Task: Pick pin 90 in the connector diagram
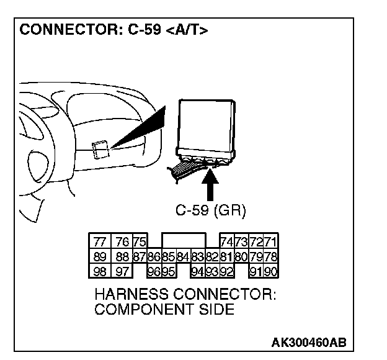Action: [270, 271]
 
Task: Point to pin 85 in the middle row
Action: [167, 257]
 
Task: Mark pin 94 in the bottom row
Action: [198, 271]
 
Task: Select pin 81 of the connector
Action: [226, 257]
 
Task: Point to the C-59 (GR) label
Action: [211, 211]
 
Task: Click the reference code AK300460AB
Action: [308, 343]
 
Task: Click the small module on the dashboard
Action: [101, 149]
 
